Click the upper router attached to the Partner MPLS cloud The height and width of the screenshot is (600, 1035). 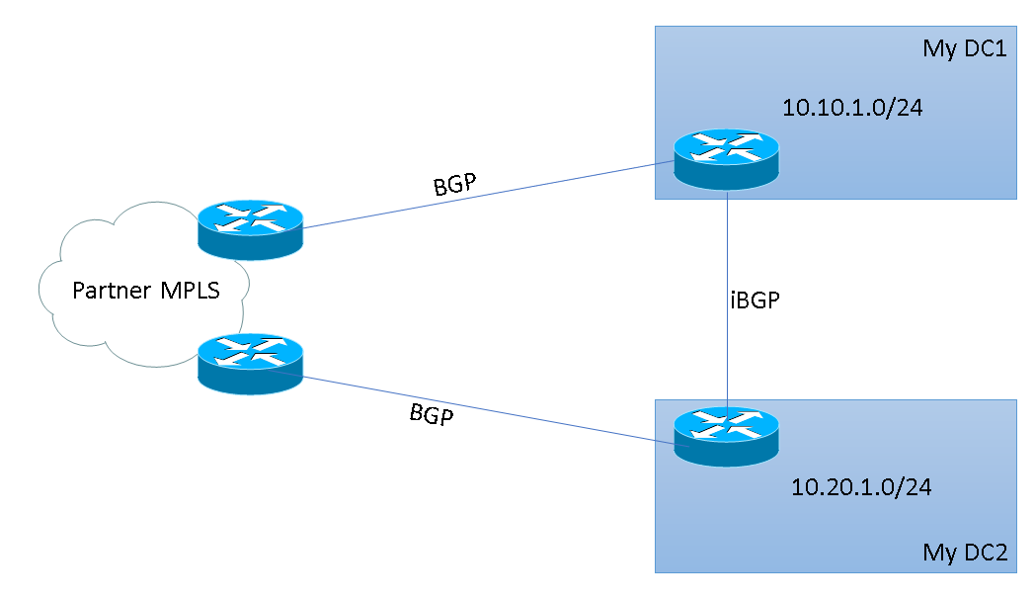pyautogui.click(x=250, y=230)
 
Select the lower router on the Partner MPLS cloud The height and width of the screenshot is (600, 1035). pyautogui.click(x=250, y=364)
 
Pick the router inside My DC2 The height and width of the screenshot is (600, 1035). pyautogui.click(x=727, y=435)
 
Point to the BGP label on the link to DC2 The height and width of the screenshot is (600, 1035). pyautogui.click(x=432, y=414)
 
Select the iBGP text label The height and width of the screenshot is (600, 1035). pyautogui.click(x=756, y=301)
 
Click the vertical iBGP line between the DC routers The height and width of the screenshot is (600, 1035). pyautogui.click(x=728, y=257)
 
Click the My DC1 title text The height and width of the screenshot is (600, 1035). pyautogui.click(x=964, y=48)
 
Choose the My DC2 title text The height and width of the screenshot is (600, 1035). pyautogui.click(x=964, y=552)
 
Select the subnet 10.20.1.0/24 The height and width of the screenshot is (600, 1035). pyautogui.click(x=862, y=486)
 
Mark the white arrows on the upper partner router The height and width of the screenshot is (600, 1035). pyautogui.click(x=250, y=219)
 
